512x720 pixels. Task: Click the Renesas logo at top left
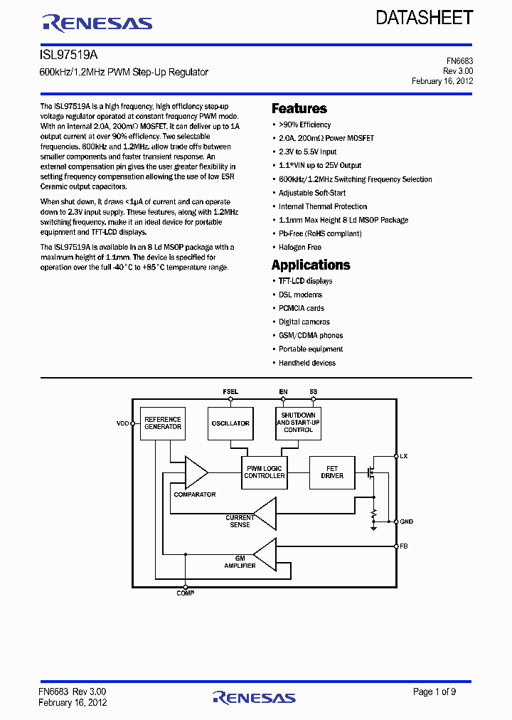(97, 24)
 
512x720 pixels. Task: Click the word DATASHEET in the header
(424, 18)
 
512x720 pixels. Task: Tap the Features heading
(299, 109)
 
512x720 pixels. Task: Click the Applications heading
(311, 265)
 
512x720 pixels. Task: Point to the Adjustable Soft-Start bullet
(312, 193)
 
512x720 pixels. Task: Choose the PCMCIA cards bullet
(301, 308)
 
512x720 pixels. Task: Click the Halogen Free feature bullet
(299, 247)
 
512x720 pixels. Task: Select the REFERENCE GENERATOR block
(163, 423)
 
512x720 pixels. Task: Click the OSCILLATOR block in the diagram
(230, 423)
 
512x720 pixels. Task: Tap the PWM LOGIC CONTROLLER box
(264, 472)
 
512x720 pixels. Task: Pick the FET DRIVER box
(332, 472)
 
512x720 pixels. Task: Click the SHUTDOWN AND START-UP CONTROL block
(298, 423)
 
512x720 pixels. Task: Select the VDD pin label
(123, 423)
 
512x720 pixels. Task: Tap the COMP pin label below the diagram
(185, 593)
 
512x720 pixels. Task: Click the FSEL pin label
(230, 392)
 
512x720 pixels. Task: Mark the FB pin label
(404, 546)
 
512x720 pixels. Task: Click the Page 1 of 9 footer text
(434, 692)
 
